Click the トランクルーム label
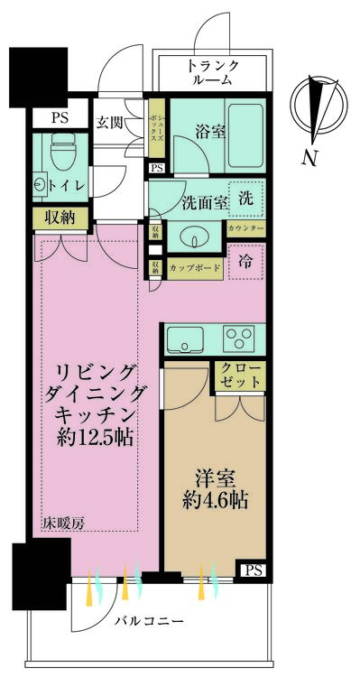[213, 71]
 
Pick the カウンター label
[245, 229]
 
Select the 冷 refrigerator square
[245, 263]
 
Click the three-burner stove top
[240, 339]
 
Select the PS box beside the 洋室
[252, 569]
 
